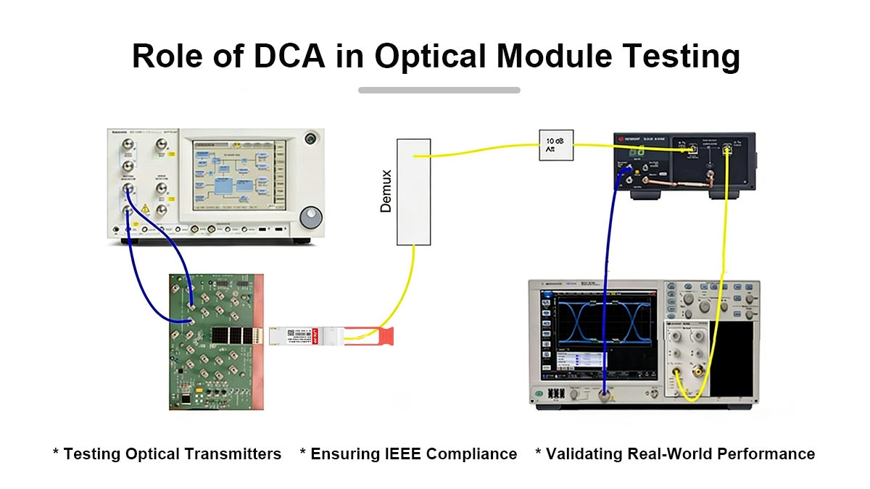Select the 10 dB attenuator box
click(x=556, y=145)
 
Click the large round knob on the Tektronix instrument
click(x=310, y=217)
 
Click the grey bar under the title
click(x=439, y=90)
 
